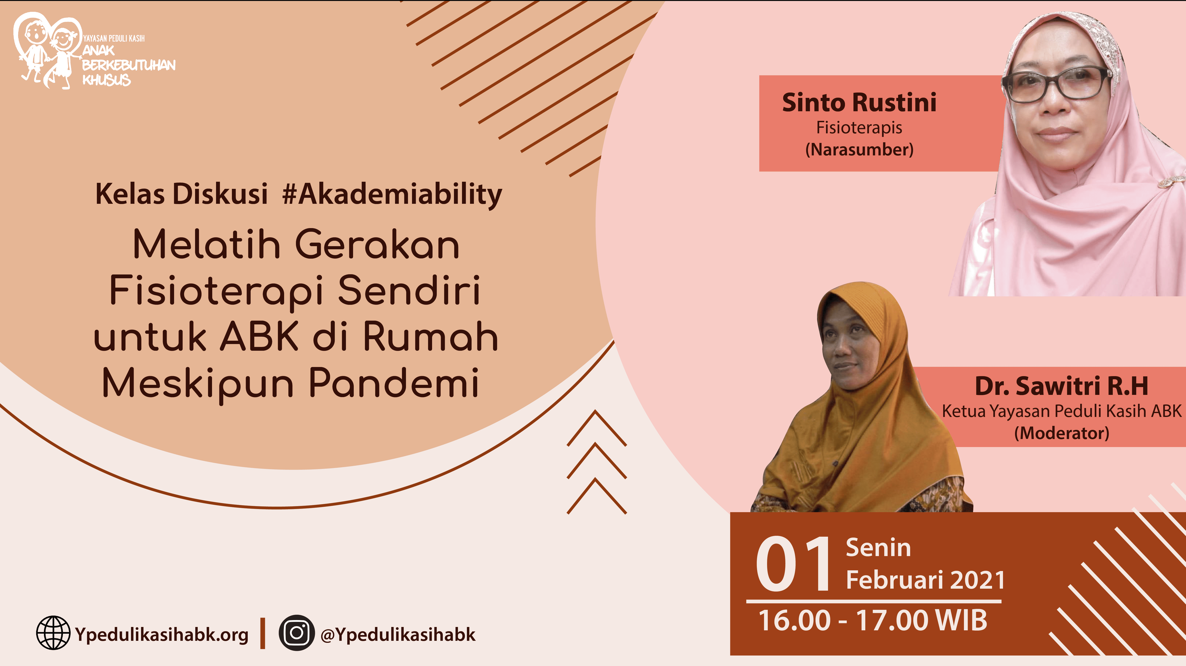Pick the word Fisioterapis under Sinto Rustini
859,128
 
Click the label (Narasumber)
859,149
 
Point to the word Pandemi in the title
394,384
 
